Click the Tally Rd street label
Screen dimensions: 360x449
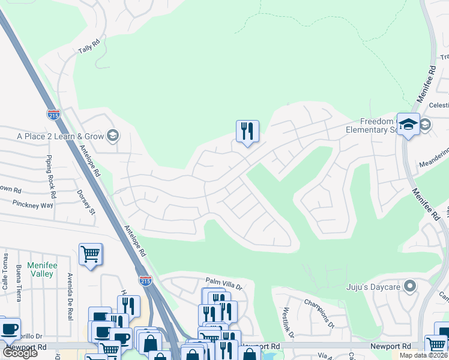(88, 46)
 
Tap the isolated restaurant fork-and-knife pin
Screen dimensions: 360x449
(247, 131)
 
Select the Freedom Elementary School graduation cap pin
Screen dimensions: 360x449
(408, 125)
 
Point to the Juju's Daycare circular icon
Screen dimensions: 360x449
(410, 286)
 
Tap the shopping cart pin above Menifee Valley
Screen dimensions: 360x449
(90, 255)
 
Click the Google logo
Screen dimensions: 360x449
(19, 353)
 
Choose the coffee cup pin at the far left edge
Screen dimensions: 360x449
(8, 329)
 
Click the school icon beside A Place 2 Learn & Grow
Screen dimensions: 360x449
(112, 136)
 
